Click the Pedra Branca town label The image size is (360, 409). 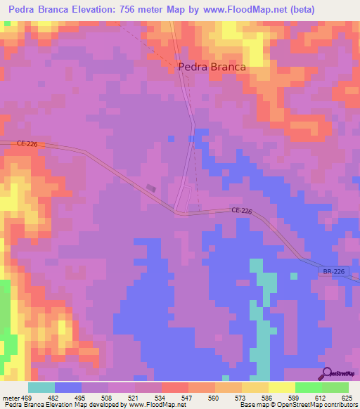click(212, 67)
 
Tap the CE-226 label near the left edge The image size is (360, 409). click(27, 144)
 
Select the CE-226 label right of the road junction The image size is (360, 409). click(241, 211)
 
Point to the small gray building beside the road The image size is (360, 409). click(152, 188)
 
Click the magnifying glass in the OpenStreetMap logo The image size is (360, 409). click(327, 372)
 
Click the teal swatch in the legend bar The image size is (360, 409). click(41, 387)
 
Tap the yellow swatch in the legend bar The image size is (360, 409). click(282, 387)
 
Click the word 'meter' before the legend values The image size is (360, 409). click(10, 398)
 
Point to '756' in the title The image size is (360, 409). click(129, 9)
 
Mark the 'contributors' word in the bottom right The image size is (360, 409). click(339, 405)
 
